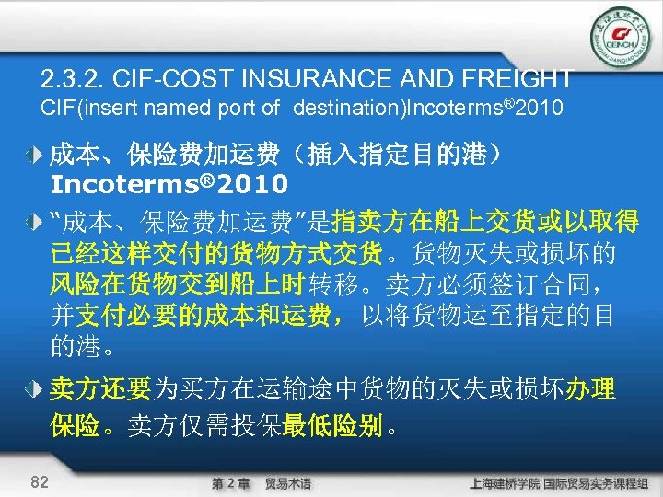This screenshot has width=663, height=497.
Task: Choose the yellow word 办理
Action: (588, 390)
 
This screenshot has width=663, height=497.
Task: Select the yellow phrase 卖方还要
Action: (99, 390)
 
